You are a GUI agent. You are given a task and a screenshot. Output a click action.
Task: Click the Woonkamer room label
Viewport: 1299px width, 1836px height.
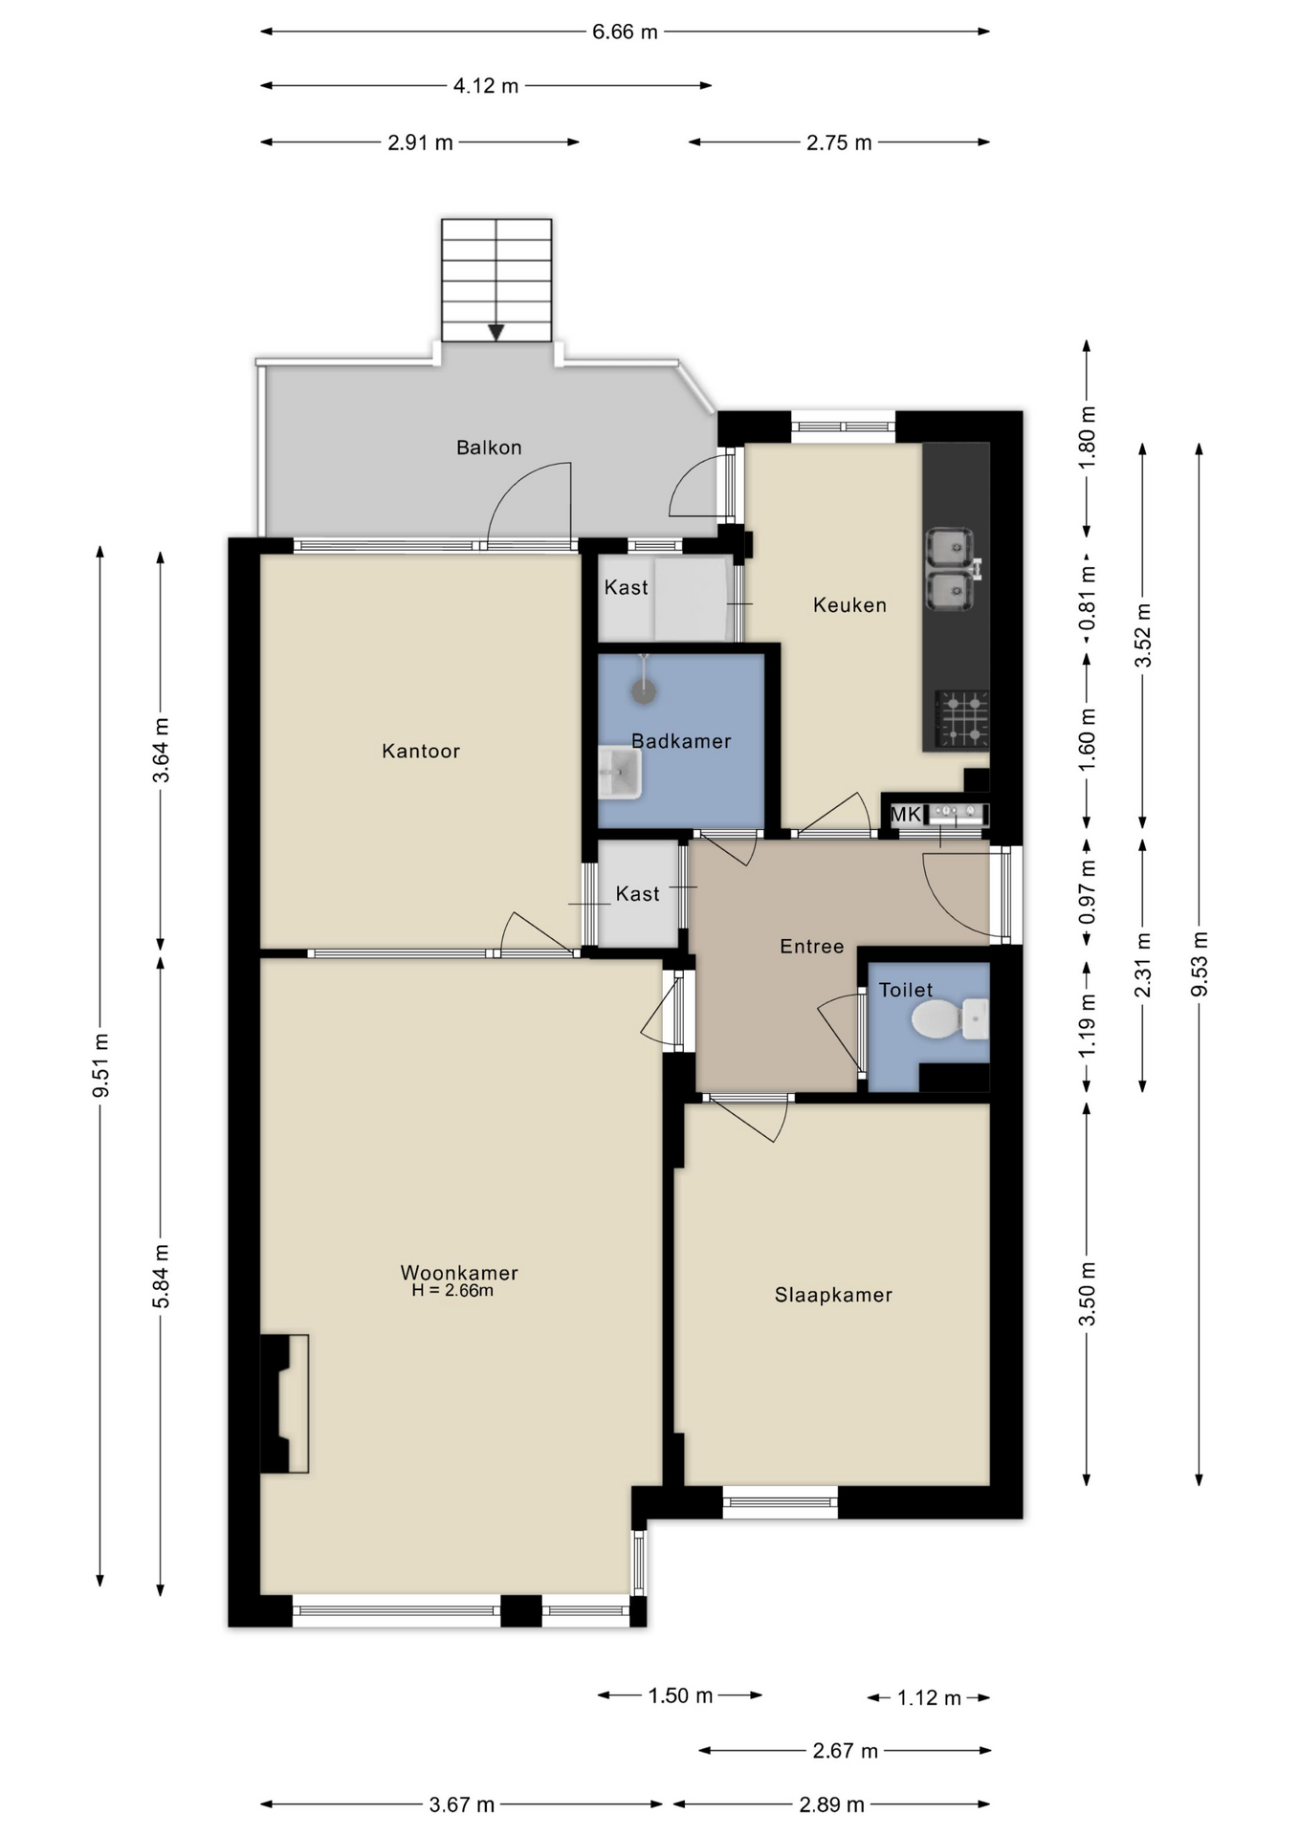pyautogui.click(x=458, y=1272)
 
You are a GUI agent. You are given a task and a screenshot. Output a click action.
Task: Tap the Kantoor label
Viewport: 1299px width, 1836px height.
pyautogui.click(x=421, y=751)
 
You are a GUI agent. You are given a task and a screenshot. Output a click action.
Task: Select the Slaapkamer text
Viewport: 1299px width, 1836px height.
pyautogui.click(x=833, y=1295)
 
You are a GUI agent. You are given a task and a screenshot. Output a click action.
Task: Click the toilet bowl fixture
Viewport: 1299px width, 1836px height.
pyautogui.click(x=938, y=1019)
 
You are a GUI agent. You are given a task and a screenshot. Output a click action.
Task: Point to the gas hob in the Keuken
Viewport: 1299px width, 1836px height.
pyautogui.click(x=961, y=719)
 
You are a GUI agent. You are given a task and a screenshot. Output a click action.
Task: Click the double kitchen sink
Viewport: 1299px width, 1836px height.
pyautogui.click(x=951, y=570)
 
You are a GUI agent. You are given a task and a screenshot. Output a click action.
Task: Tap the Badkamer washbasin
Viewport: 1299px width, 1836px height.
pyautogui.click(x=620, y=774)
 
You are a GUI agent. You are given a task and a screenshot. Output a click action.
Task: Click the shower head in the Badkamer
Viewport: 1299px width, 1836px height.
pyautogui.click(x=645, y=691)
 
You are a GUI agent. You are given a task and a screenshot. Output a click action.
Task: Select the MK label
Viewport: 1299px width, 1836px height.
pyautogui.click(x=906, y=815)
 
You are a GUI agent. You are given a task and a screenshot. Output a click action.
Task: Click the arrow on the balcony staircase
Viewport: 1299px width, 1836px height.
pyautogui.click(x=495, y=332)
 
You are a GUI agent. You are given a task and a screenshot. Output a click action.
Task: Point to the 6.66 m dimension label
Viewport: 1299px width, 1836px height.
pyautogui.click(x=625, y=32)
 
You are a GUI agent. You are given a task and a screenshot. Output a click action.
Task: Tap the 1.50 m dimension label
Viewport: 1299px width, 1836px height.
pyautogui.click(x=680, y=1695)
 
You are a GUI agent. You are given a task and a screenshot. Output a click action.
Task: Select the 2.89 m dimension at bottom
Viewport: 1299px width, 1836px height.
pyautogui.click(x=831, y=1804)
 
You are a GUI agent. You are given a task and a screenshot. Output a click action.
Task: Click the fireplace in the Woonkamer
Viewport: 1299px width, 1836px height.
pyautogui.click(x=284, y=1403)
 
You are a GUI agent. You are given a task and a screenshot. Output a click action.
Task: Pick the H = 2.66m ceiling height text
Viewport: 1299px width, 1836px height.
pyautogui.click(x=452, y=1291)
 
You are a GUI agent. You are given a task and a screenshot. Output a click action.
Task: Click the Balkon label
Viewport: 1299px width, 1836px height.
pyautogui.click(x=489, y=448)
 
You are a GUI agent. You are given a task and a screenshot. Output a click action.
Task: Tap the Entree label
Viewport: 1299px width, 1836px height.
pyautogui.click(x=811, y=946)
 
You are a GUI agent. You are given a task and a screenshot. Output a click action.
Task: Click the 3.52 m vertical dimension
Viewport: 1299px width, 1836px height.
pyautogui.click(x=1142, y=635)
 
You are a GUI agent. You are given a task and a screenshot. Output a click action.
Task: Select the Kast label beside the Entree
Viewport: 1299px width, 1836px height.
pyautogui.click(x=637, y=893)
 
